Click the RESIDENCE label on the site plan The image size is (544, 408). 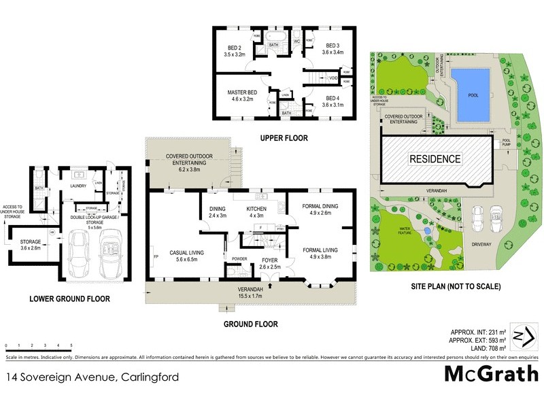click(x=435, y=159)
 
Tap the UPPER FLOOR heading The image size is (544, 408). click(x=284, y=138)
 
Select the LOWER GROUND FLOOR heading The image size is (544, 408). click(x=69, y=298)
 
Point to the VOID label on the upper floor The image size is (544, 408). click(x=333, y=78)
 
